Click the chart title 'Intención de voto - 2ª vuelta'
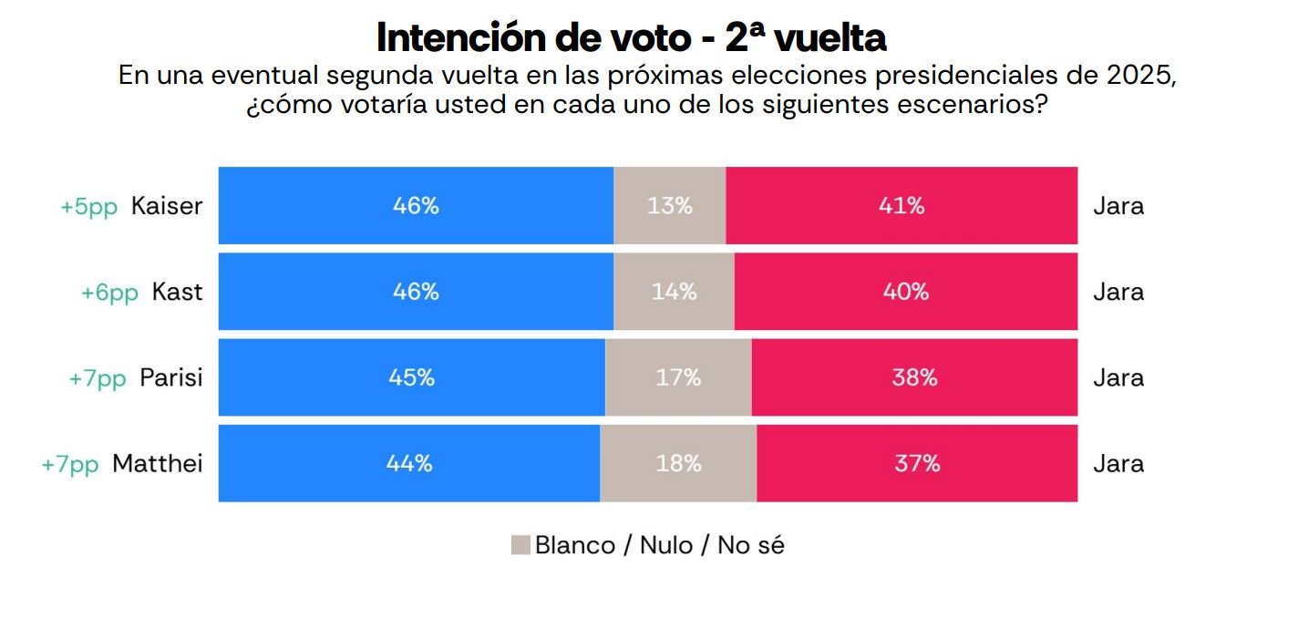[x=631, y=37]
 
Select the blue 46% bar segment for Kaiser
[x=416, y=206]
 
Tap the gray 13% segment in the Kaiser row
[x=670, y=206]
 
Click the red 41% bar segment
[x=901, y=206]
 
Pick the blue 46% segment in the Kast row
[x=416, y=292]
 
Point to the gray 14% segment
[x=675, y=292]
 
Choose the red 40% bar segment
[x=905, y=292]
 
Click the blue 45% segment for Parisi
[x=411, y=377]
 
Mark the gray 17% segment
[x=678, y=377]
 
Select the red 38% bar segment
[x=914, y=377]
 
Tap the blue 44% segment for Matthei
[x=409, y=463]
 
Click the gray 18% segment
[x=678, y=463]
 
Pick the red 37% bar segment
[x=917, y=463]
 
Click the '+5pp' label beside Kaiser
[x=89, y=206]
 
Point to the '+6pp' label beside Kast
[x=109, y=293]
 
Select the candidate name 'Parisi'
[x=171, y=377]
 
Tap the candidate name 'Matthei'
[x=158, y=463]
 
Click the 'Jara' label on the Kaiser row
[x=1118, y=206]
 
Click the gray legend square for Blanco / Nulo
[x=520, y=545]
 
